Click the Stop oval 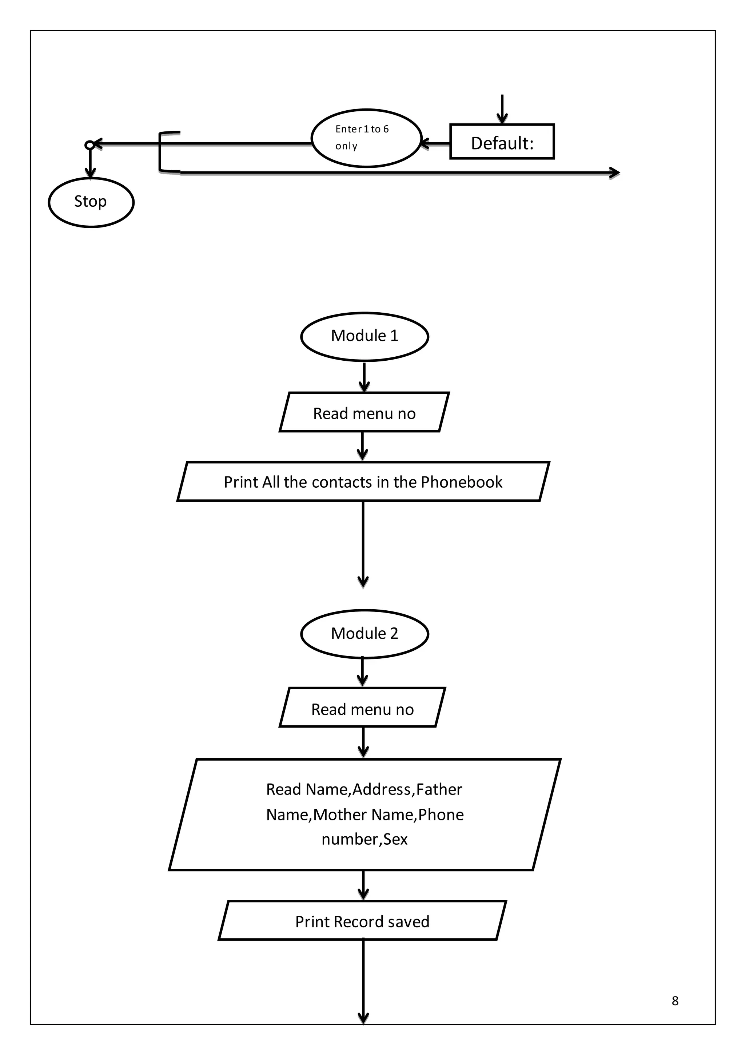[91, 202]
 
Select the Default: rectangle [502, 142]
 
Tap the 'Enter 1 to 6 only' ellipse [366, 138]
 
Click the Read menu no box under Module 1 [364, 413]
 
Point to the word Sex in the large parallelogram [395, 839]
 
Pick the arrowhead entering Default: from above [502, 119]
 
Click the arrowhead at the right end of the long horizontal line [614, 173]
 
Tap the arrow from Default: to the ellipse [435, 144]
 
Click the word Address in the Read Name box [382, 789]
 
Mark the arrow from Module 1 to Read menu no [364, 377]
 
